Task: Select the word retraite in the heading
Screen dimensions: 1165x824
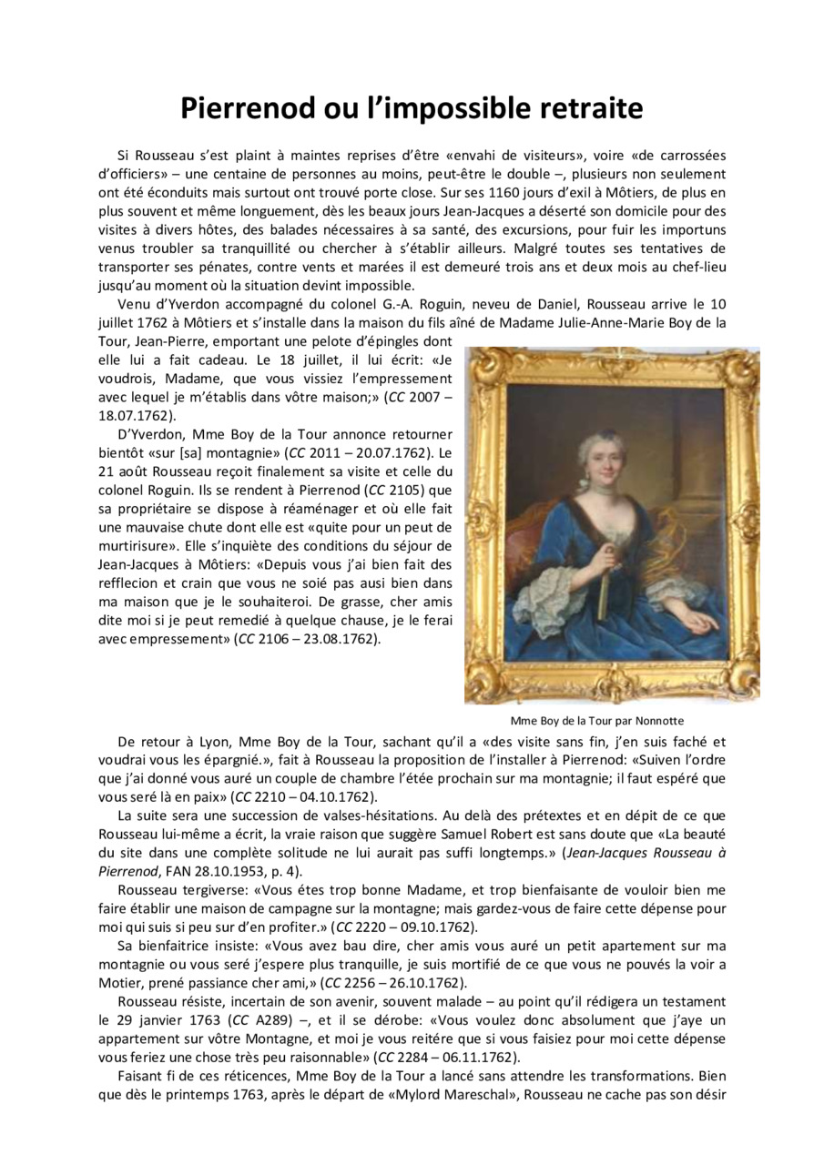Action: pyautogui.click(x=582, y=107)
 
